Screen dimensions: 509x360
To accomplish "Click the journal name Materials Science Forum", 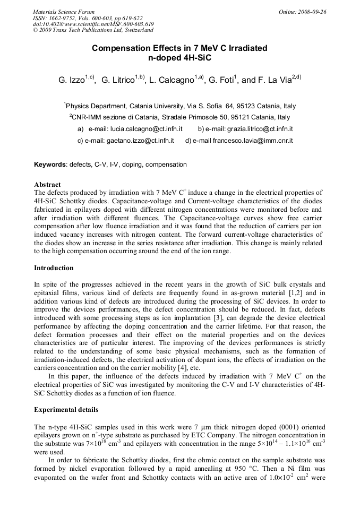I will [64, 11].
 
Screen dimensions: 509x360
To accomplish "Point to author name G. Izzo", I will [71, 80].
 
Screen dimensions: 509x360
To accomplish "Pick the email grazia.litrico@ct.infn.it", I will [259, 129].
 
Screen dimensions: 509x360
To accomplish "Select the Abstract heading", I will [47, 185].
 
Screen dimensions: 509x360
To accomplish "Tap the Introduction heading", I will [54, 268].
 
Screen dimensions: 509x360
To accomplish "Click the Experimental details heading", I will [66, 410].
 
